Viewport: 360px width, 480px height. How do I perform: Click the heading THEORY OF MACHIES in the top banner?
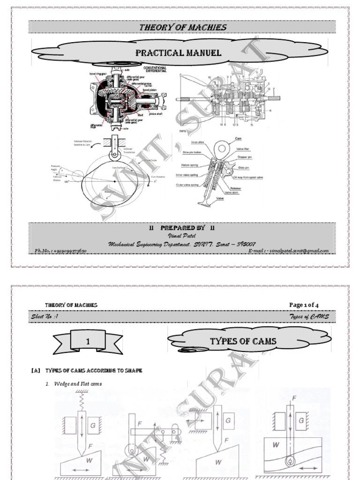182,27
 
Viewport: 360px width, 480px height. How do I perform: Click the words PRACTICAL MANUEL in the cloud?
178,52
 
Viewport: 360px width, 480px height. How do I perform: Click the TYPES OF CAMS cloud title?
243,341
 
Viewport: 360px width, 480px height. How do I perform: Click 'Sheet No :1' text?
45,316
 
